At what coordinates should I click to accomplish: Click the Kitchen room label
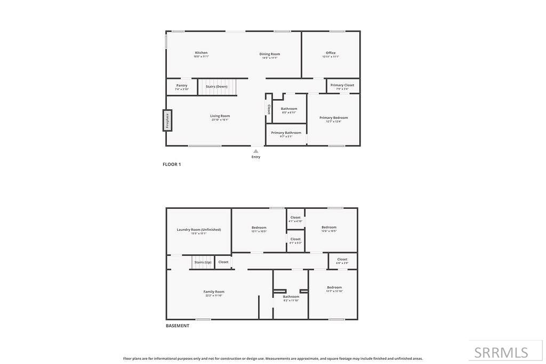[201, 53]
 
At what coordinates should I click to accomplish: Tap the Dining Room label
[270, 54]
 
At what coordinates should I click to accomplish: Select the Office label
[331, 53]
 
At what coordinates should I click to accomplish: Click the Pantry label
[182, 85]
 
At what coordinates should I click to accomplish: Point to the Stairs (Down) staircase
[217, 87]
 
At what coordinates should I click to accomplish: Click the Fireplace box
[167, 120]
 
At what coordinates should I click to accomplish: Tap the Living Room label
[220, 116]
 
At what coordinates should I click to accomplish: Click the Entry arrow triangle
[256, 151]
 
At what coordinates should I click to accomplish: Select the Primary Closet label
[342, 85]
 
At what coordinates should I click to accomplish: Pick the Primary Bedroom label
[334, 118]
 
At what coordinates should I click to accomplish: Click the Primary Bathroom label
[286, 133]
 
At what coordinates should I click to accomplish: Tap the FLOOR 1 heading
[172, 165]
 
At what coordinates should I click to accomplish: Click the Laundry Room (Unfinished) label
[199, 230]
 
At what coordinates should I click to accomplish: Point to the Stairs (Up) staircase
[203, 262]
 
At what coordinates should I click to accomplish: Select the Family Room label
[214, 292]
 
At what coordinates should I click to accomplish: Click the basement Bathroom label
[291, 297]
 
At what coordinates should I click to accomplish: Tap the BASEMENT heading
[178, 326]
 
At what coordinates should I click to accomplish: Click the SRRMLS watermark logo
[501, 352]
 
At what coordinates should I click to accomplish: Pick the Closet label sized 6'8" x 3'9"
[342, 260]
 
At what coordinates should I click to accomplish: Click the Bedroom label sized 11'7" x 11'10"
[334, 288]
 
